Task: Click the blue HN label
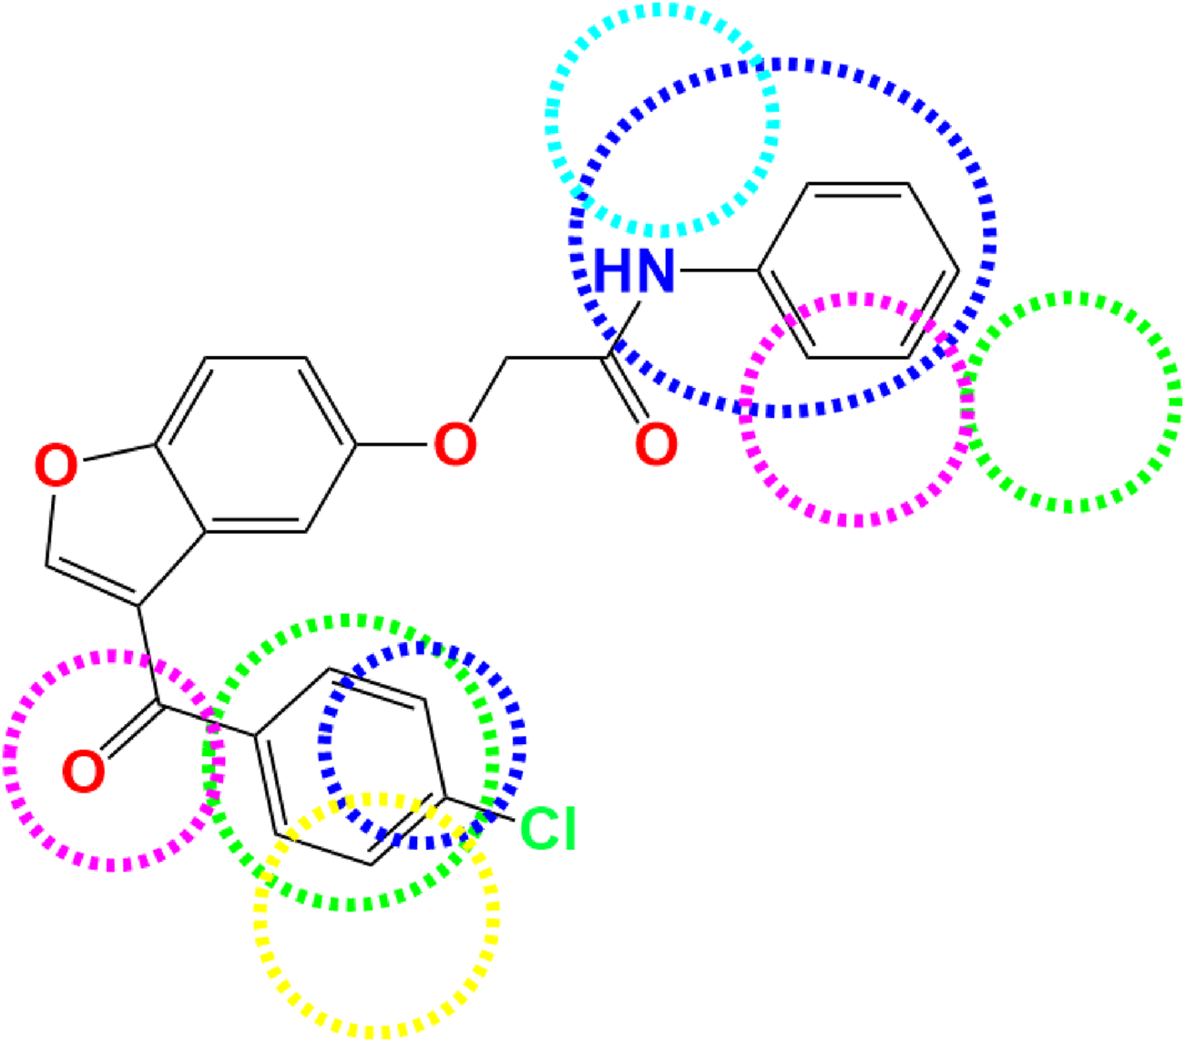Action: click(635, 271)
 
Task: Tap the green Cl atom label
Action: click(548, 829)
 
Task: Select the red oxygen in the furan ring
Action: click(56, 466)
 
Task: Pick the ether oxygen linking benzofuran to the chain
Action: click(455, 445)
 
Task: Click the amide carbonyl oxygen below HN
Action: click(656, 445)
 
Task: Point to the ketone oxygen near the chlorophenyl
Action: click(84, 771)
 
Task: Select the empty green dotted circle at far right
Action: click(1071, 402)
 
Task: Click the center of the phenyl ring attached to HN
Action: click(858, 271)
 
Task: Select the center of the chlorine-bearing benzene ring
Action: click(352, 765)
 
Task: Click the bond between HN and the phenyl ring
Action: click(719, 271)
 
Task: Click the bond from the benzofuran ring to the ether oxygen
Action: click(393, 445)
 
